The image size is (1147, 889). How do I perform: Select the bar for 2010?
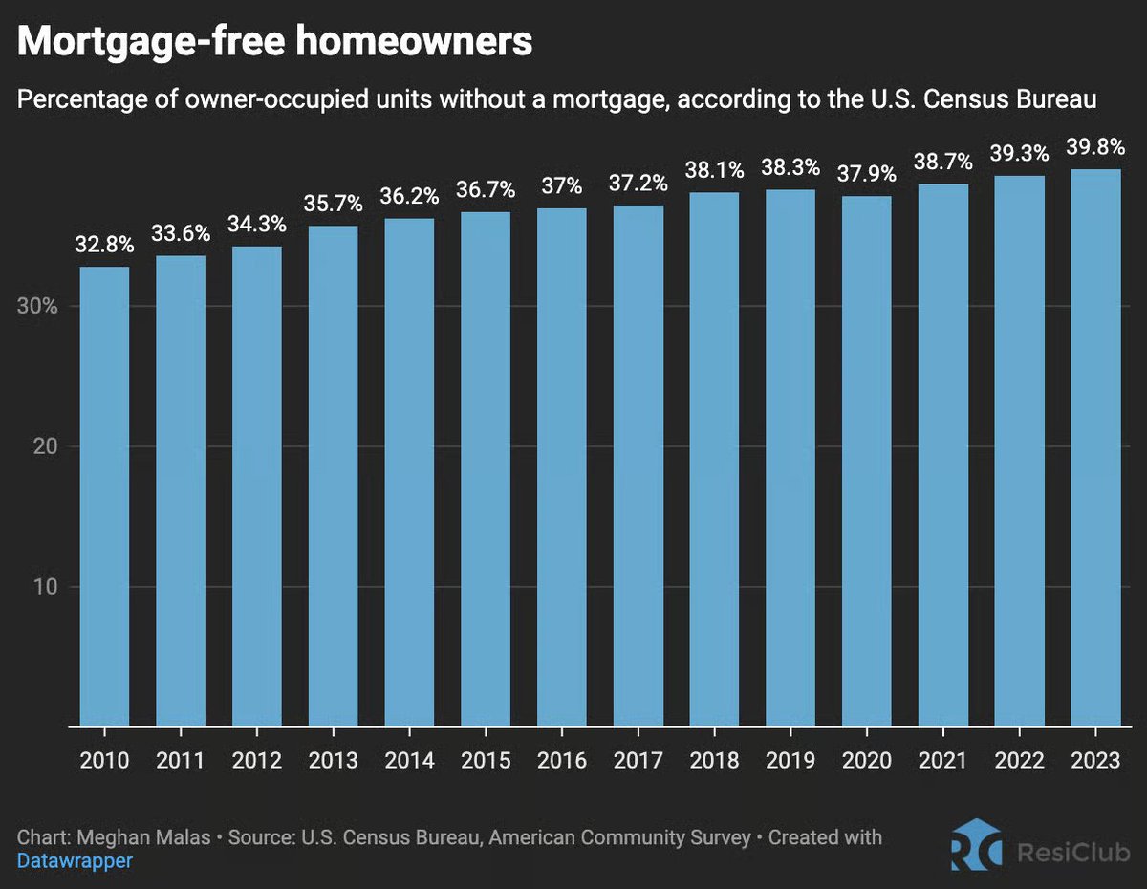pyautogui.click(x=104, y=497)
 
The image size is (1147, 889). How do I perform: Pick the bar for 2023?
pyautogui.click(x=1095, y=448)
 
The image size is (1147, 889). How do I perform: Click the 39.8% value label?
pyautogui.click(x=1095, y=149)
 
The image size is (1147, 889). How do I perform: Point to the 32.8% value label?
pyautogui.click(x=104, y=246)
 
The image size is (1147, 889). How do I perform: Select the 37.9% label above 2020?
pyautogui.click(x=867, y=176)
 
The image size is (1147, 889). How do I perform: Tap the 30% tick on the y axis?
pyautogui.click(x=38, y=307)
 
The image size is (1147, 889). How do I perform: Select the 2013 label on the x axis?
pyautogui.click(x=333, y=760)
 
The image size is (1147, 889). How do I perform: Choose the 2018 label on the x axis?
pyautogui.click(x=714, y=760)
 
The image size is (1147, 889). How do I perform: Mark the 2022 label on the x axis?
pyautogui.click(x=1019, y=760)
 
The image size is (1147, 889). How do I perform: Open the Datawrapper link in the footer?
pyautogui.click(x=75, y=860)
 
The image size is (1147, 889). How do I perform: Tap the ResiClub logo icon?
pyautogui.click(x=976, y=845)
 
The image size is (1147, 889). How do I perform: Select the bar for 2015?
pyautogui.click(x=486, y=469)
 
